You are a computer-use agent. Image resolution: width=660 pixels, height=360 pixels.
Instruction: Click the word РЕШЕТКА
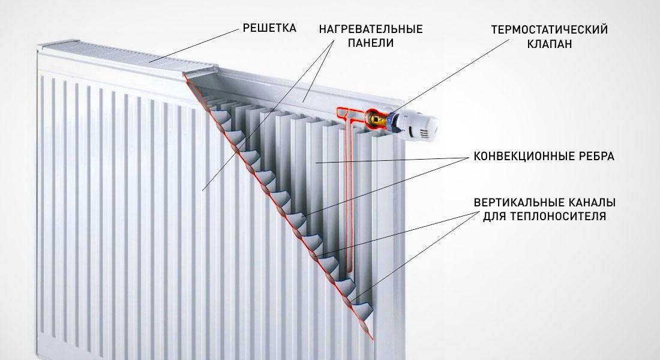pyautogui.click(x=269, y=28)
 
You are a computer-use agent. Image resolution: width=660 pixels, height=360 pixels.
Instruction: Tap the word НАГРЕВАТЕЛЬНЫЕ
pyautogui.click(x=371, y=29)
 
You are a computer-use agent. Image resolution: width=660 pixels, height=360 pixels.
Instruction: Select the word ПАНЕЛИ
pyautogui.click(x=371, y=43)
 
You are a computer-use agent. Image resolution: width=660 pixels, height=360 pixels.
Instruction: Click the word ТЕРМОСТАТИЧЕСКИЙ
pyautogui.click(x=549, y=29)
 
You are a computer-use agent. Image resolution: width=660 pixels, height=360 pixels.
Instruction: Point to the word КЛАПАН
pyautogui.click(x=549, y=43)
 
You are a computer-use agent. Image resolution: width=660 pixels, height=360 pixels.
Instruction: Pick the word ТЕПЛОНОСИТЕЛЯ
pyautogui.click(x=558, y=217)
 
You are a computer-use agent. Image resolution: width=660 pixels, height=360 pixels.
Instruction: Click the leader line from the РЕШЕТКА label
pyautogui.click(x=194, y=46)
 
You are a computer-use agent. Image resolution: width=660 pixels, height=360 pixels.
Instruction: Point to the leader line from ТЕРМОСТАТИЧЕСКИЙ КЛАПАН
pyautogui.click(x=450, y=76)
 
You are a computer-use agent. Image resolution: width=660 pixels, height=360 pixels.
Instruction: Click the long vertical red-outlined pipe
pyautogui.click(x=349, y=194)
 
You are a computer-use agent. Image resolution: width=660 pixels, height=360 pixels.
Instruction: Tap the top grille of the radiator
pyautogui.click(x=126, y=57)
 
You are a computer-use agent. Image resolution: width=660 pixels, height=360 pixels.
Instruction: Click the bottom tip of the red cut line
pyautogui.click(x=373, y=340)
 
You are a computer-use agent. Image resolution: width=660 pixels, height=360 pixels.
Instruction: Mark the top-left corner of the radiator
pyautogui.click(x=37, y=46)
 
